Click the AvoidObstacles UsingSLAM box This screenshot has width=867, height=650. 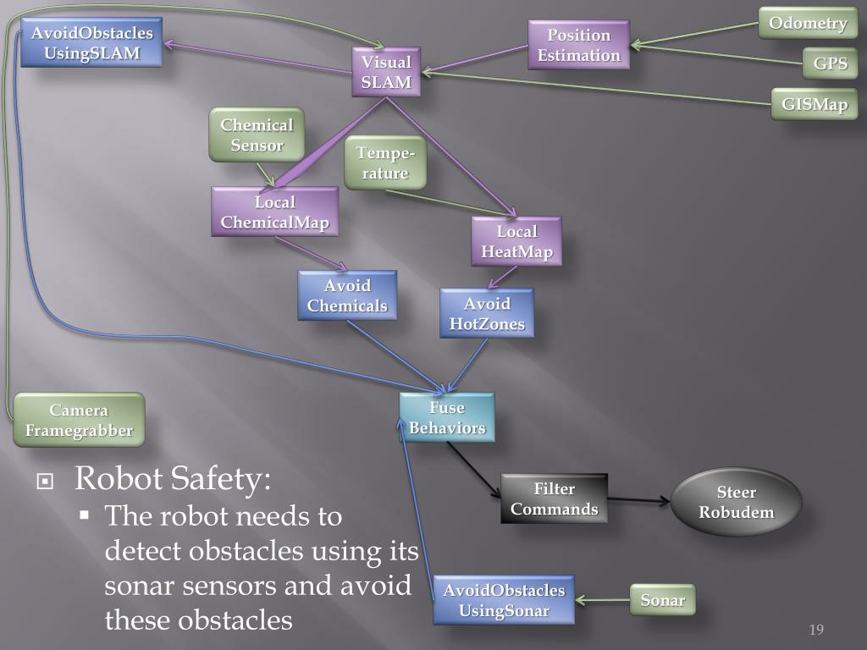coord(91,43)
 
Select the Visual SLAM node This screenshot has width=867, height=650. coord(386,72)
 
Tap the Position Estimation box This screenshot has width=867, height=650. coord(578,45)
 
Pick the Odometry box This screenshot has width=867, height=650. coord(808,23)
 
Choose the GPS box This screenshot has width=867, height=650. coord(830,63)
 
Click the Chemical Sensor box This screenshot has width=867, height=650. coord(257,135)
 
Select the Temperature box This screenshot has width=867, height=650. coord(385,162)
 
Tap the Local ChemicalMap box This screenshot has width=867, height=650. coord(274,212)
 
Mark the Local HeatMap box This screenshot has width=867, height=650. coord(516,241)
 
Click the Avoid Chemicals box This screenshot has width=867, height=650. coord(347,295)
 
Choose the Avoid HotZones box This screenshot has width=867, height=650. coord(487,313)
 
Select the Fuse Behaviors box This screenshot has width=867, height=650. coord(447,417)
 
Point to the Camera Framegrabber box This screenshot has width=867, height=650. coord(79,420)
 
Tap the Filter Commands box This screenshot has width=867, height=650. coord(554,499)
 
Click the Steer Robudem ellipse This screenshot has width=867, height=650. coord(737,502)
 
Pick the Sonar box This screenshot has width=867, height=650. coord(662,600)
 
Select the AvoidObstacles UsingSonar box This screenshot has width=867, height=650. coord(504,600)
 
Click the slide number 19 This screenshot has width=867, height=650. coord(816,629)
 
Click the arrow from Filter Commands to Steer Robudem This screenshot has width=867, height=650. coord(639,500)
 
